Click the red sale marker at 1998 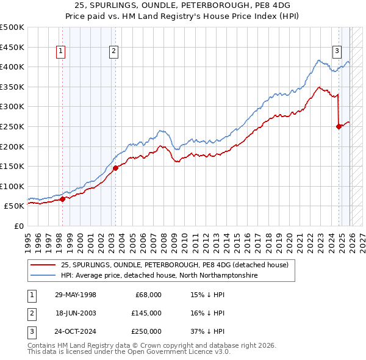(x=62, y=199)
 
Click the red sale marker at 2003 (x=115, y=168)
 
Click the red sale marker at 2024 (x=339, y=127)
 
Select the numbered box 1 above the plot (x=62, y=52)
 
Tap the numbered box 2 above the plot (x=114, y=52)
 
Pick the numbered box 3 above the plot (x=337, y=52)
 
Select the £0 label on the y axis (x=18, y=226)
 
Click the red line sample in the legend (x=43, y=265)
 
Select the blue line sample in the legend (x=43, y=275)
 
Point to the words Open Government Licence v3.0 (x=179, y=352)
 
